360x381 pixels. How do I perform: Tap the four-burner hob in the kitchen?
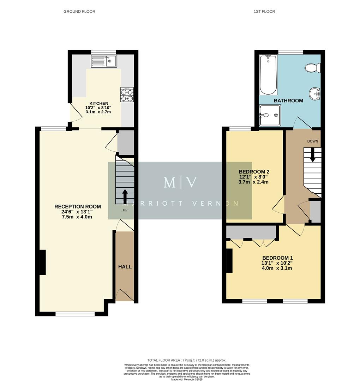(127, 95)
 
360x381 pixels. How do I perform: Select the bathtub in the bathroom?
(269, 75)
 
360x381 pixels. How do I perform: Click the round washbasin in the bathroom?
(315, 93)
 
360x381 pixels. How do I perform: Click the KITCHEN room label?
(98, 103)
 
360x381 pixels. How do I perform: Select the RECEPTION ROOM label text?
(78, 207)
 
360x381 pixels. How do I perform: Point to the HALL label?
(125, 267)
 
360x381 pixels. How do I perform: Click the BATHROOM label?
(288, 101)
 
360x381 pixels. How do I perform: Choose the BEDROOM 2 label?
(253, 172)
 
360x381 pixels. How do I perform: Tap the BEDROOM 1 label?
(277, 258)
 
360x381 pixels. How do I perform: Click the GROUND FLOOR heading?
(79, 12)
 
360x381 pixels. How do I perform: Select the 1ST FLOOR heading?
(264, 12)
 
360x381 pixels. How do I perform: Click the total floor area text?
(187, 360)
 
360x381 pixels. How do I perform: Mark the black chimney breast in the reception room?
(42, 262)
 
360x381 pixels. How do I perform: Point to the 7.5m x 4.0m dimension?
(77, 217)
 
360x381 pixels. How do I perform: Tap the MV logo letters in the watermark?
(180, 182)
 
